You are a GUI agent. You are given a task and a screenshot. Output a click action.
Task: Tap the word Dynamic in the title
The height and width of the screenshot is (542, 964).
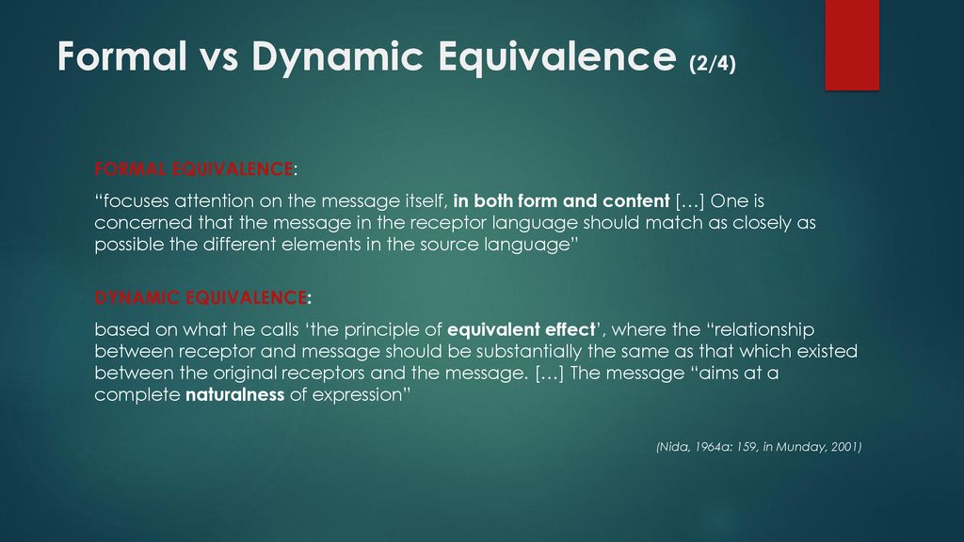(338, 58)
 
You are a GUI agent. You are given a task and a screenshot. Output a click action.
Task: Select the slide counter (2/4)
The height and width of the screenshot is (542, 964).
(713, 63)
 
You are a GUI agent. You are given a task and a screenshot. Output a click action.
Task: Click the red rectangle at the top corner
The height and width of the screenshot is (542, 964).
(852, 45)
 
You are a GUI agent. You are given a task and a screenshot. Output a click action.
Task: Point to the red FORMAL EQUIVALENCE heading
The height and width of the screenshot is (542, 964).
(194, 169)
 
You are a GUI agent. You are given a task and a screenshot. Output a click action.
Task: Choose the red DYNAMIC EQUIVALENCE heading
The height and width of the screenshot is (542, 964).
(201, 297)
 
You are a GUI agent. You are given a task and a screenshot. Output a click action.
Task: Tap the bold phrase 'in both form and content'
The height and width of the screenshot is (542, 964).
(561, 201)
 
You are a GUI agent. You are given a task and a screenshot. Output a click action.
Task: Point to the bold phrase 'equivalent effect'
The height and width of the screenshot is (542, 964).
(522, 330)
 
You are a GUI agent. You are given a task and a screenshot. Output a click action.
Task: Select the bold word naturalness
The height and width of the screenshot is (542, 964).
(234, 394)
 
